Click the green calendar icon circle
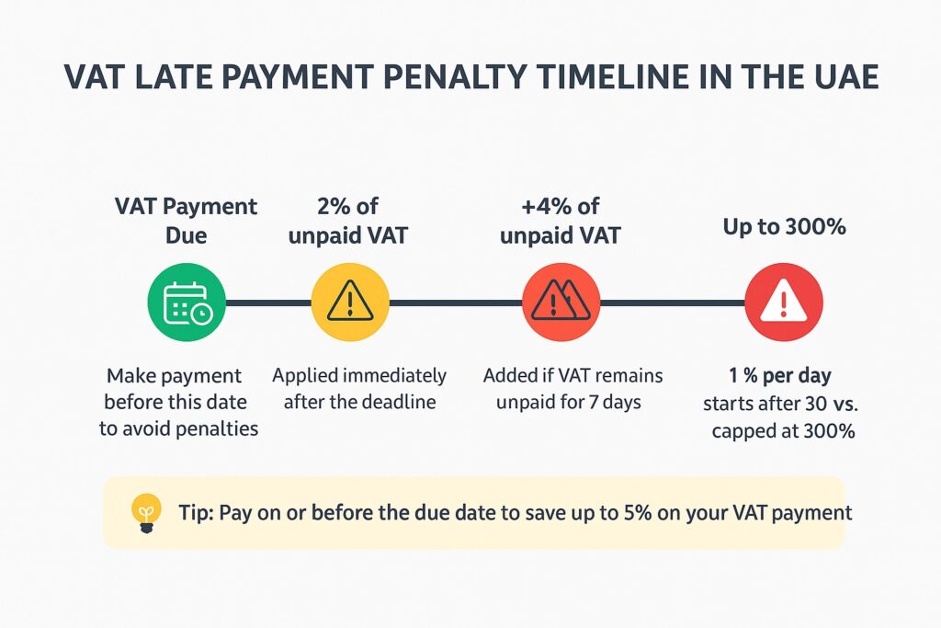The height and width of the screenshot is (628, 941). [187, 303]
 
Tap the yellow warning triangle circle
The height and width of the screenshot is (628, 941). [350, 303]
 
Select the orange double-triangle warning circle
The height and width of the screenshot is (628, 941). [561, 303]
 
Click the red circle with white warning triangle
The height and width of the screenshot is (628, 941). [784, 303]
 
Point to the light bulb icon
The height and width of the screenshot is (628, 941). [146, 513]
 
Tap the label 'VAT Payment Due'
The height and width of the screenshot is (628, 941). [186, 221]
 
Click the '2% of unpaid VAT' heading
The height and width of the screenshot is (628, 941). [348, 221]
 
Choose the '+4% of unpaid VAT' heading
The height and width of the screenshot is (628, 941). [561, 221]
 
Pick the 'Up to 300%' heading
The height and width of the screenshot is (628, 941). [785, 226]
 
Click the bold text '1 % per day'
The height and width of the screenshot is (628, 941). [780, 376]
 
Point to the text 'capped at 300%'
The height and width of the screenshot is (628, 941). [783, 431]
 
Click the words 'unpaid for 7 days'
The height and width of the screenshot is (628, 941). [568, 402]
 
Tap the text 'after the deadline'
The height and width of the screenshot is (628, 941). [359, 402]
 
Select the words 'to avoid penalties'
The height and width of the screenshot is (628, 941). [179, 428]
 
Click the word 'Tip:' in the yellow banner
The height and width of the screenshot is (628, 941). [196, 513]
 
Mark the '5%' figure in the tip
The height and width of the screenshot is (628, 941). [638, 513]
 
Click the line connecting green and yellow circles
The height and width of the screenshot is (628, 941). [268, 303]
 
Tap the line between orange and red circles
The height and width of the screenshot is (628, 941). [673, 303]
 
